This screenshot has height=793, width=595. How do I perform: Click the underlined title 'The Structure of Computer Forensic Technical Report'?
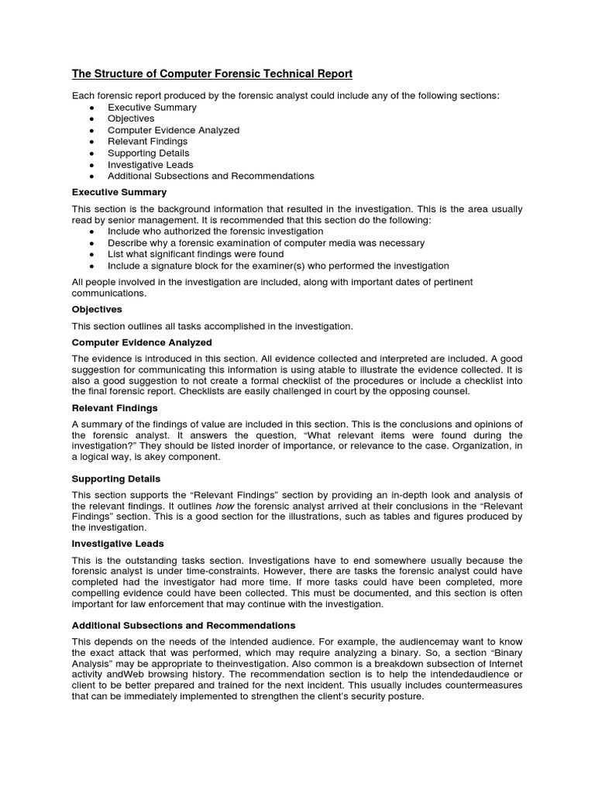[212, 74]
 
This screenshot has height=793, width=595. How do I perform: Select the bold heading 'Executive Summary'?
[119, 192]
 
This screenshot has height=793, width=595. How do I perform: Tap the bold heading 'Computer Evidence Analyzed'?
[142, 342]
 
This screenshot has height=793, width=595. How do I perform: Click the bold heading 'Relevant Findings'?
[115, 407]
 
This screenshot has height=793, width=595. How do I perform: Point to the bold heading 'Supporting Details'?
[116, 479]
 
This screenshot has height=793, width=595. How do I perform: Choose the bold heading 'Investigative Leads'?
[118, 544]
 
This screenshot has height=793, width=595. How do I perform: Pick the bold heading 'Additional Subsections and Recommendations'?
[184, 625]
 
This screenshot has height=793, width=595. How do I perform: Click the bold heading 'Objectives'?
[97, 309]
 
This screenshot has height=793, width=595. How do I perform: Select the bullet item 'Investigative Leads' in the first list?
[150, 165]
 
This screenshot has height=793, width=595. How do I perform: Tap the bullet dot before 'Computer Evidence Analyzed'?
[92, 131]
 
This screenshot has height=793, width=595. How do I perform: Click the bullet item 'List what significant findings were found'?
[195, 254]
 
